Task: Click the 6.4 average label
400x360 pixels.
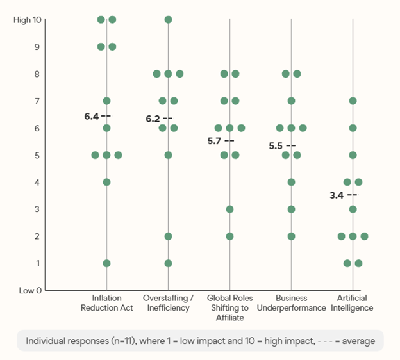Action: (92, 116)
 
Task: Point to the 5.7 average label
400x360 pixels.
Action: (215, 140)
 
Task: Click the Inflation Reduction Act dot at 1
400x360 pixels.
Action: (106, 263)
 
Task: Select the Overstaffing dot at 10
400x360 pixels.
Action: (168, 19)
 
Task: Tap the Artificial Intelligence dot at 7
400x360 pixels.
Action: (353, 101)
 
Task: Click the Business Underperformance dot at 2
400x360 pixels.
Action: (291, 236)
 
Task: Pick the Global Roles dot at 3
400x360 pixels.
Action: (229, 209)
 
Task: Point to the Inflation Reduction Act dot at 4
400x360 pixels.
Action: (106, 182)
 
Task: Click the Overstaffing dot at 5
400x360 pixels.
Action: (168, 155)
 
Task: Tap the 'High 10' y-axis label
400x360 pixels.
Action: (27, 20)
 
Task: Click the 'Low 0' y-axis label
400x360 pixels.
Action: (29, 290)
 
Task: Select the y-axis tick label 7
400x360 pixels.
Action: (38, 101)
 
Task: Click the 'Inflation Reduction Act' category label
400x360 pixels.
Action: (106, 303)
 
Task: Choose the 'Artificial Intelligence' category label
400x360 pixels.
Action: (353, 303)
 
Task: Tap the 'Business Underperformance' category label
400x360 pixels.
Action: (291, 303)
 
